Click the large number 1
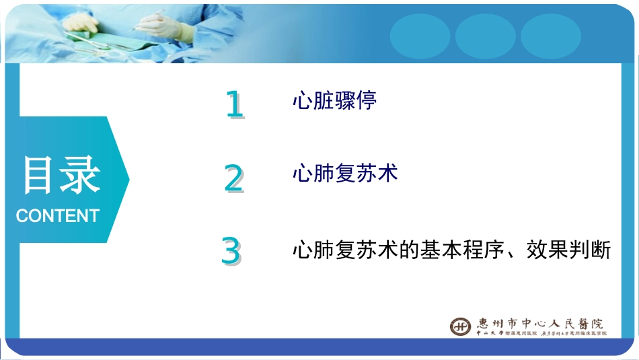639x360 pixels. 234,106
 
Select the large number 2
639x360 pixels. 233,178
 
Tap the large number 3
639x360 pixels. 231,252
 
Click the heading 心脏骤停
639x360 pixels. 334,101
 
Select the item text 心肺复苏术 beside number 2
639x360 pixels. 345,174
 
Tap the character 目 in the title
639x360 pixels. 38,176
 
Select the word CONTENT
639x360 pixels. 57,216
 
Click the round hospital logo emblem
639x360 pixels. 461,326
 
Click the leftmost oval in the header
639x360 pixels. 420,36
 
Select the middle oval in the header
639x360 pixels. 485,36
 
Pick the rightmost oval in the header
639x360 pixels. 550,36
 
